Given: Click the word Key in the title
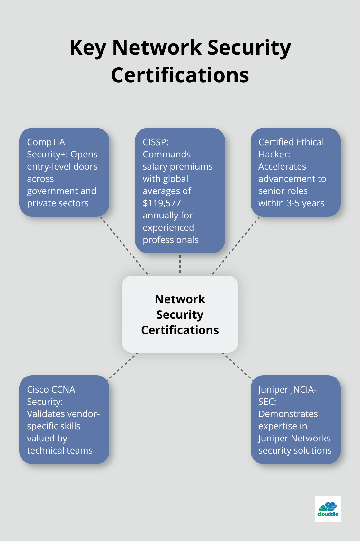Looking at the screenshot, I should pos(88,48).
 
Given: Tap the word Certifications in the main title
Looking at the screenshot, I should pos(180,75).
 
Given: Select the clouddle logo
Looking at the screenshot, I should pos(328,509).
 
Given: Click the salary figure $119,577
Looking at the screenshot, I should pos(162,203).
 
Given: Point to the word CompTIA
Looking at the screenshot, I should pos(46,142).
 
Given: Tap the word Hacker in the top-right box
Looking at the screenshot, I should pos(274,154).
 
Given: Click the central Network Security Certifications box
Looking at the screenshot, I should pos(180,314).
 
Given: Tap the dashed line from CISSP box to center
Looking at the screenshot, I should pos(180,264).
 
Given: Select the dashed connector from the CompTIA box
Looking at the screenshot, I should pos(124,245).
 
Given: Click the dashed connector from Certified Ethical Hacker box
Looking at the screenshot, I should pos(236,245).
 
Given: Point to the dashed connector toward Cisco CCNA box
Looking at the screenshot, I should pos(123,366).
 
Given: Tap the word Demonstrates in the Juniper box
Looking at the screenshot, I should pos(288,414).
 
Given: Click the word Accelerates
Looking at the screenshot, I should pos(282,166).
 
